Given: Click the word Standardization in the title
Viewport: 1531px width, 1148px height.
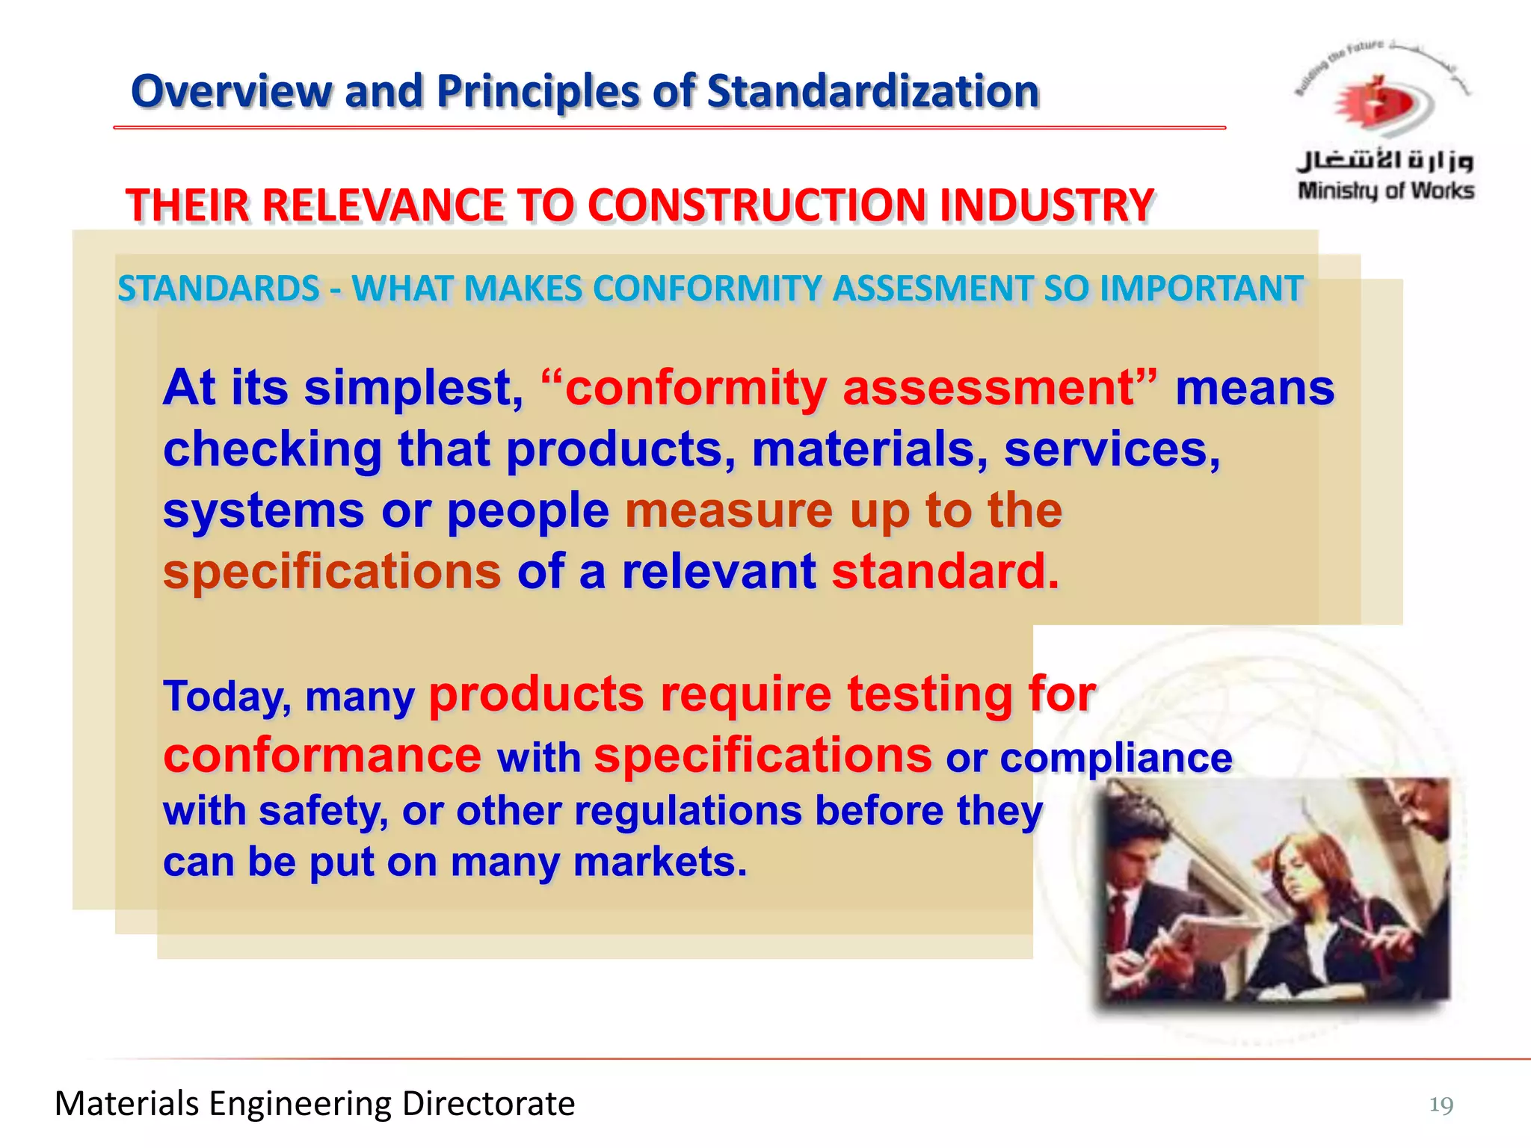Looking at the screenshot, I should (872, 91).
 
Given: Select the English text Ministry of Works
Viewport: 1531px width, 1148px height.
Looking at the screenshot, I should (1386, 191).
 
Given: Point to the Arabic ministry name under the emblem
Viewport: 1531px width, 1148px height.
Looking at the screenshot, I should (1385, 158).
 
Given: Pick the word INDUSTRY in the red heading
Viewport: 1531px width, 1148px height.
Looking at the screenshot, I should (1047, 206).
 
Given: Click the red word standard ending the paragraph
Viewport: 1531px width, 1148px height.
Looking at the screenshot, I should (945, 572).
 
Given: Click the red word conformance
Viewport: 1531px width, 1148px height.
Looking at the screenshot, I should (322, 756).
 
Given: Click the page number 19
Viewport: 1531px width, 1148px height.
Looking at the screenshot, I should (1441, 1104).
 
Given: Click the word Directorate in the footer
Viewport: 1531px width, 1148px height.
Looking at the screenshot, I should (488, 1104).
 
